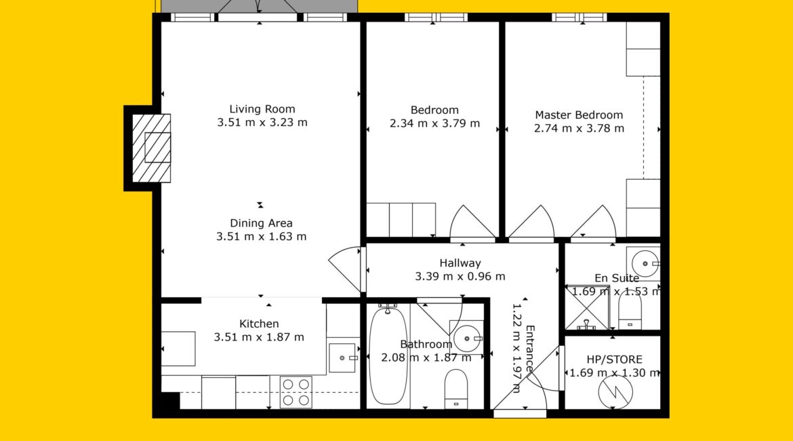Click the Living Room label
(x=262, y=109)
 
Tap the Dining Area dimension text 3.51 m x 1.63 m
(x=262, y=237)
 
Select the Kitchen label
(x=259, y=324)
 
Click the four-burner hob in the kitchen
(x=296, y=392)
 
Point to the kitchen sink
(x=343, y=358)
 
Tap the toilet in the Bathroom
(x=455, y=388)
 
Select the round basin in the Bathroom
(x=467, y=339)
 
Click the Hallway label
(x=460, y=263)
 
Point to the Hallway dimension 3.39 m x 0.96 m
(x=460, y=276)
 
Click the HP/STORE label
(x=615, y=360)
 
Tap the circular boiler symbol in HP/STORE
(x=615, y=391)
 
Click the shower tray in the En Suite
(x=587, y=307)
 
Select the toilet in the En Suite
(x=630, y=311)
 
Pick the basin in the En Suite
(x=643, y=263)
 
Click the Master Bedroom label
(x=579, y=115)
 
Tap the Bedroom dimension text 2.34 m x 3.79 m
(x=434, y=123)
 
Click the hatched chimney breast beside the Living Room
(x=151, y=149)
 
